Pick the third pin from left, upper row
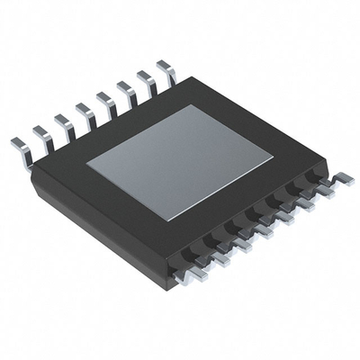[x=62, y=121]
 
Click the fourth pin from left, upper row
[x=83, y=111]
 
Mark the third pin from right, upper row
[x=125, y=89]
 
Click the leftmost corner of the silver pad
[x=86, y=165]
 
